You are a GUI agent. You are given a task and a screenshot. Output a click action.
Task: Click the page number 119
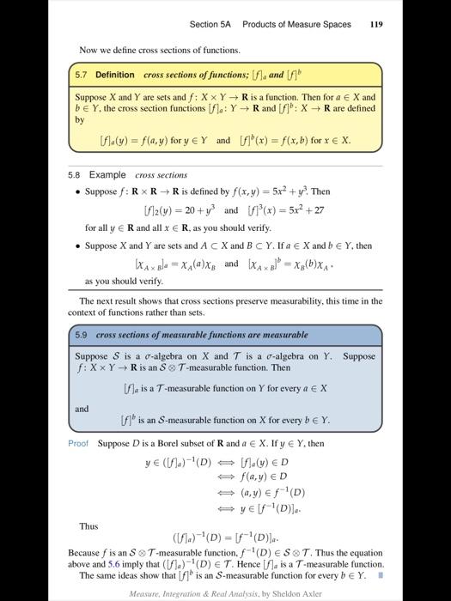376,25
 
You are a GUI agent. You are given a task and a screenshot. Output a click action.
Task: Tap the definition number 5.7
82,75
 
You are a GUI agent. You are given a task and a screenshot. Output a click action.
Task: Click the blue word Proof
78,443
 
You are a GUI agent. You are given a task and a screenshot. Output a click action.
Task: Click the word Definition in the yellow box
114,75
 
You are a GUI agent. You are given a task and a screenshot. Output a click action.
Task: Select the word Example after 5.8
107,175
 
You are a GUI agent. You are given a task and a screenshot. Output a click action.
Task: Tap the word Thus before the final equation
88,526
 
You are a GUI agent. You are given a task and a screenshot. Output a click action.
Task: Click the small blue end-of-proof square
379,576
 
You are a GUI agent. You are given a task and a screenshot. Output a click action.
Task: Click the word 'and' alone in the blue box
82,408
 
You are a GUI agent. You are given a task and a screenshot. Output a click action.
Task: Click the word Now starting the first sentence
88,50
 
